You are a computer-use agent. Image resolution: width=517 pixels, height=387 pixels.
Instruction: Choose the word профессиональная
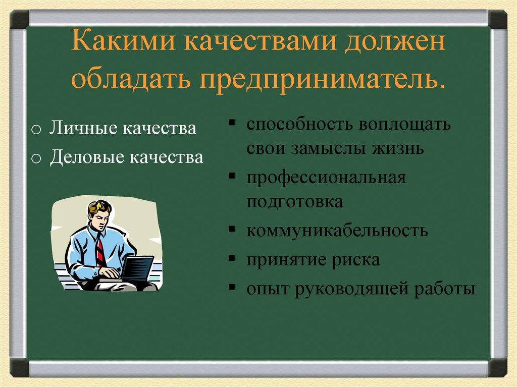coord(326,178)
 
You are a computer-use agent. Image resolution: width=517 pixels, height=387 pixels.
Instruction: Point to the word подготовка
coord(295,202)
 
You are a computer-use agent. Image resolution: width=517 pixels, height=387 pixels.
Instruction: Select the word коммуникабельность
coord(337,231)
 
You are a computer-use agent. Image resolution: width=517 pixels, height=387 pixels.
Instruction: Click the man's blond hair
coord(99,207)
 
